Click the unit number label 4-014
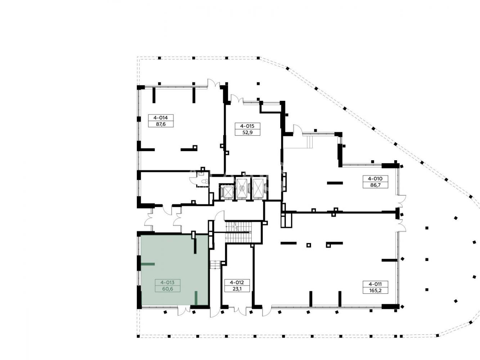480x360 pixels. [161, 118]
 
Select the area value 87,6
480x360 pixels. [161, 124]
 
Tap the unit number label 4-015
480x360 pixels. [247, 126]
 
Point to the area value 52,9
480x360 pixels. [247, 132]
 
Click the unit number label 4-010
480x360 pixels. [375, 179]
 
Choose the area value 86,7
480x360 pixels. [375, 185]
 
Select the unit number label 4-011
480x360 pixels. [375, 284]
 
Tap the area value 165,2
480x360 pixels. [375, 291]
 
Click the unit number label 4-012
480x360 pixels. [237, 282]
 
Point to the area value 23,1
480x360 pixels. [237, 289]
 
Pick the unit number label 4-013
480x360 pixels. [167, 282]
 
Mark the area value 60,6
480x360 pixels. [167, 289]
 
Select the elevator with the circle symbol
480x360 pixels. [242, 188]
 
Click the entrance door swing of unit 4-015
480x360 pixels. [237, 98]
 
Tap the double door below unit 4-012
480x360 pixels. [240, 311]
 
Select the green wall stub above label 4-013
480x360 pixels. [148, 264]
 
